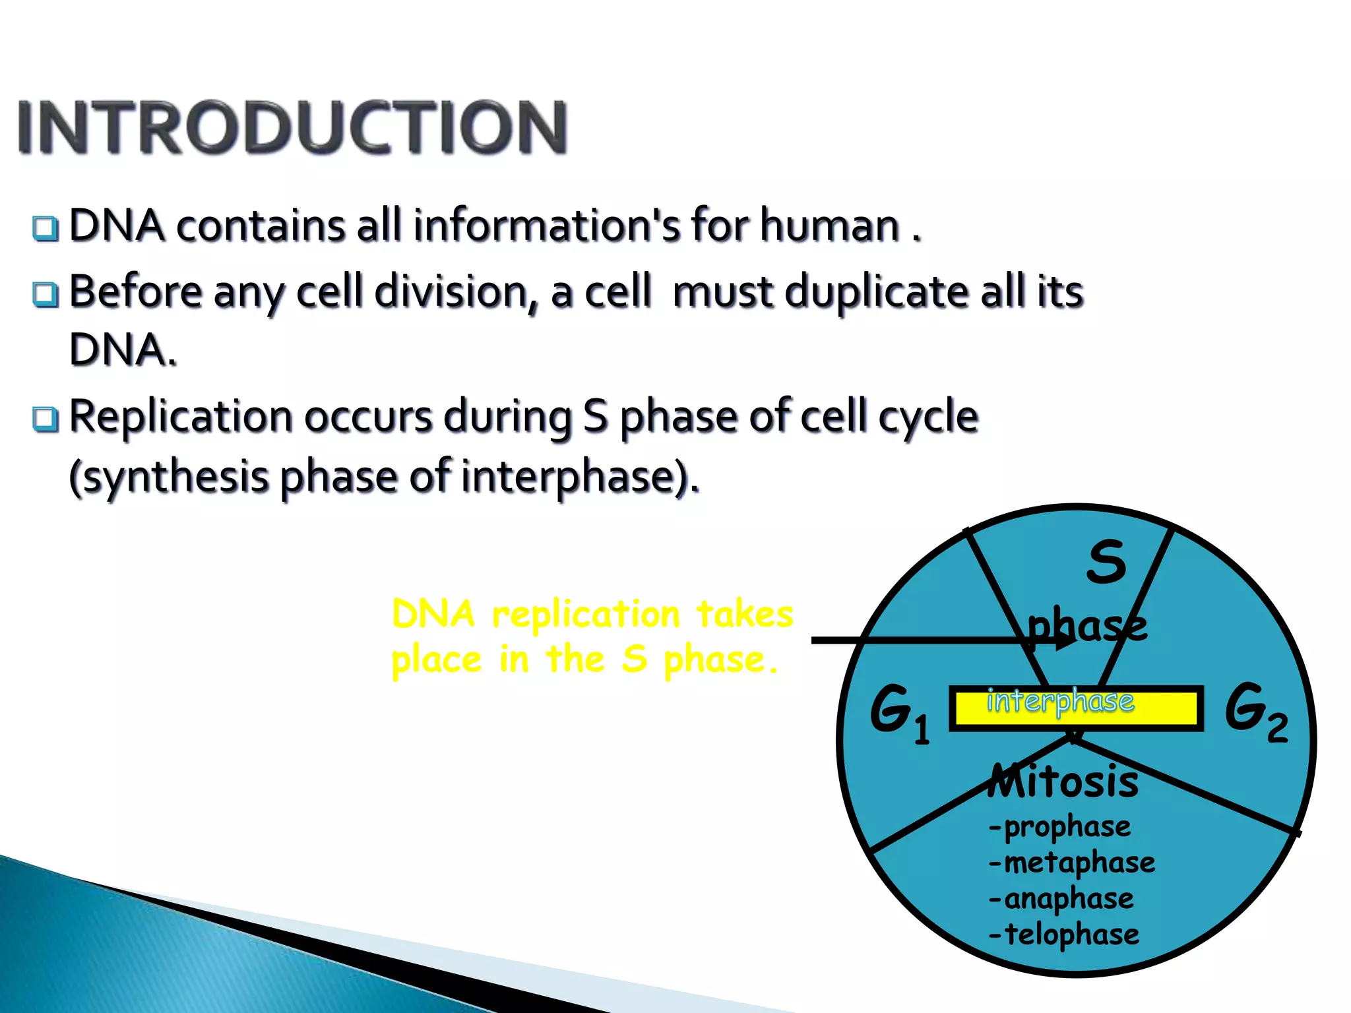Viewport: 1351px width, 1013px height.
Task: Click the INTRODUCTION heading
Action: click(x=292, y=127)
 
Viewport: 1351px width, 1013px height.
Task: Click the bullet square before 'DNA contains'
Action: click(x=46, y=228)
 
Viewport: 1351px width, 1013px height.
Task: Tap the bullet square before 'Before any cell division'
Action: click(x=46, y=294)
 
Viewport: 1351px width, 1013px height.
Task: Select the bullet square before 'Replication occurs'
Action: click(x=46, y=419)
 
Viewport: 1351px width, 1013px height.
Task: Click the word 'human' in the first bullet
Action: click(x=829, y=226)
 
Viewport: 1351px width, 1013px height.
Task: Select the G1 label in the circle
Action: click(x=898, y=712)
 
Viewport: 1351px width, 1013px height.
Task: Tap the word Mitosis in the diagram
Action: click(x=1063, y=782)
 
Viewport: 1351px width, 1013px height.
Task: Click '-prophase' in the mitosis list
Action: click(x=1060, y=826)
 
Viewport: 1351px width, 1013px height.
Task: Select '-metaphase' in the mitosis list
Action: click(x=1072, y=863)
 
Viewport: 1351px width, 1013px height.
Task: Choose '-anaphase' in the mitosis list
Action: click(x=1061, y=898)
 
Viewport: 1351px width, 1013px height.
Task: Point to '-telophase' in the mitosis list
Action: click(x=1063, y=935)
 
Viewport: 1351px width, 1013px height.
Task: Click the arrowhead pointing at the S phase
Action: click(x=1063, y=640)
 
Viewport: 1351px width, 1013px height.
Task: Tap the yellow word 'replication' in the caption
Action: click(x=586, y=615)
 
